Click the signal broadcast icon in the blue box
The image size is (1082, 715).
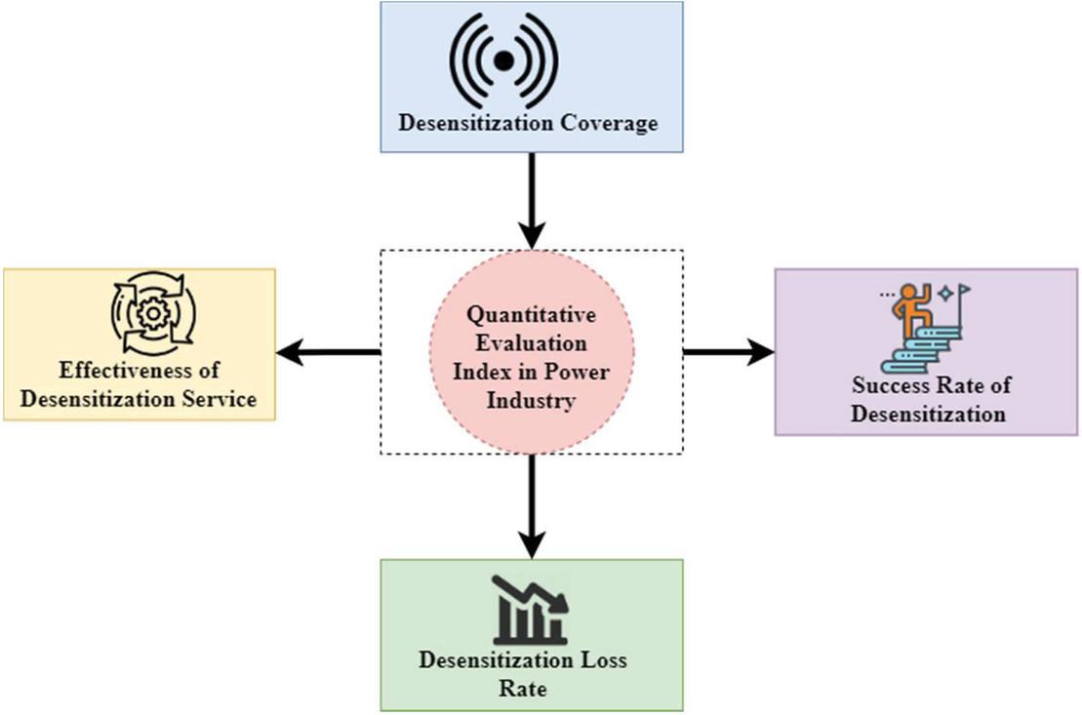point(503,60)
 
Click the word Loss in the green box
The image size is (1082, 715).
point(601,660)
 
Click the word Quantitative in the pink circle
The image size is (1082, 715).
point(531,316)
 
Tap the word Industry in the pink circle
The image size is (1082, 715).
point(531,400)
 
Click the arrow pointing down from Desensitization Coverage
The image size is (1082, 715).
point(531,200)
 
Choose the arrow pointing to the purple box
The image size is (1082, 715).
point(728,352)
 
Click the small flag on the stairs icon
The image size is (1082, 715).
point(964,290)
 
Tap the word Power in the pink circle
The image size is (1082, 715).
point(583,372)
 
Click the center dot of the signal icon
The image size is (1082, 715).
point(503,60)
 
